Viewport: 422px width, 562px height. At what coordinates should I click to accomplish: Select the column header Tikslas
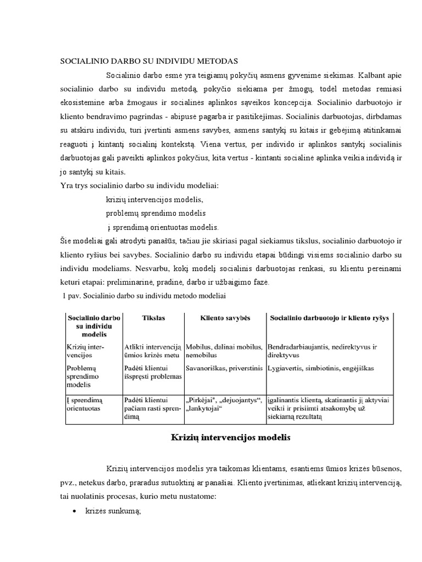coord(153,318)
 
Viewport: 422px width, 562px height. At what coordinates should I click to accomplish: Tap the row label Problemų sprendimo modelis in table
coord(86,376)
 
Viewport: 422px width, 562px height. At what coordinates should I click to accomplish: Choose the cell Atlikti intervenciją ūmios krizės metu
coord(153,352)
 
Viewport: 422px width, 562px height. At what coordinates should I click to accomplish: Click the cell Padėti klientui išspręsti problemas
coord(153,373)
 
